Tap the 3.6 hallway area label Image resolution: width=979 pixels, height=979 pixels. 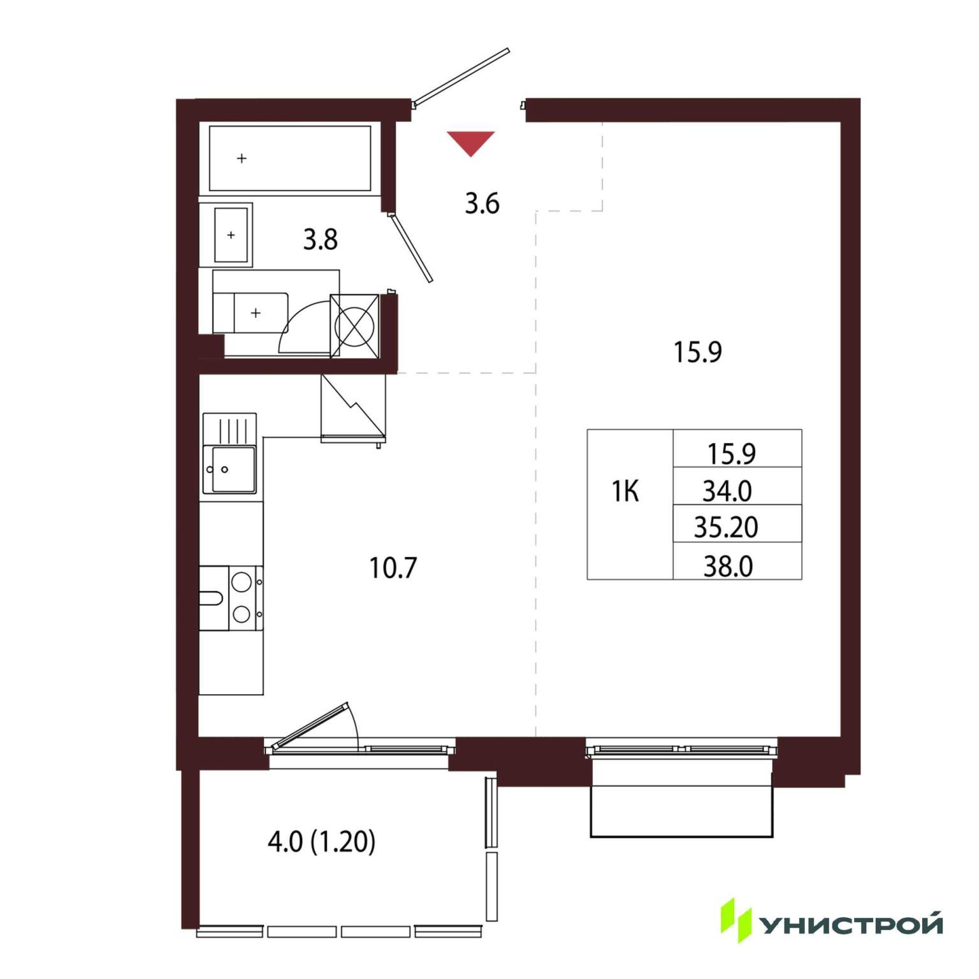(x=482, y=204)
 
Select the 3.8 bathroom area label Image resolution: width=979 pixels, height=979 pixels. (x=320, y=240)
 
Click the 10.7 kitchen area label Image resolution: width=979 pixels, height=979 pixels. (x=393, y=568)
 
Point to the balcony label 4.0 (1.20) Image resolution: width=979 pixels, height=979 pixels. (x=321, y=842)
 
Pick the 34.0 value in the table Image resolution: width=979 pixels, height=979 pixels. (x=727, y=491)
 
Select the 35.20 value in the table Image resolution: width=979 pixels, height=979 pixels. (x=726, y=528)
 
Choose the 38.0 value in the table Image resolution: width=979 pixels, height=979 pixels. (x=728, y=567)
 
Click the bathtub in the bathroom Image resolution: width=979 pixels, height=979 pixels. (x=290, y=159)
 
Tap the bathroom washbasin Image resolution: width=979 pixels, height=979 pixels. (x=230, y=235)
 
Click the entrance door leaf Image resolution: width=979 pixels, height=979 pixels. (x=461, y=76)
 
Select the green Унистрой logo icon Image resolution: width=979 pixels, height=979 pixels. (x=736, y=920)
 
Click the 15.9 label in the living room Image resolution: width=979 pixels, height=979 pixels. (x=698, y=352)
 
